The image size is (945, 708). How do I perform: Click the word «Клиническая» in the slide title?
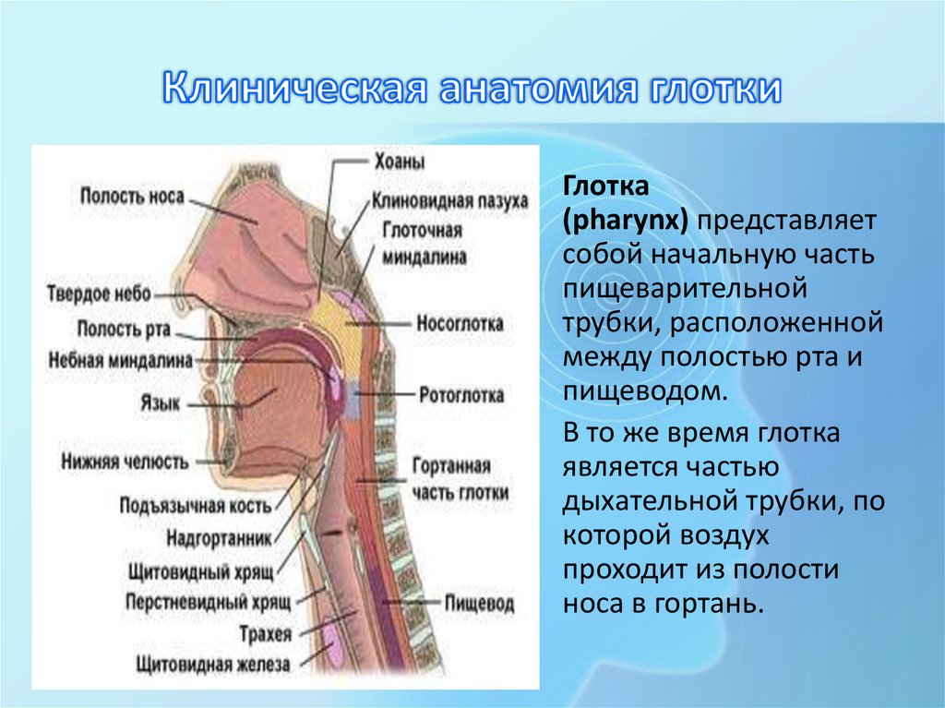pos(293,91)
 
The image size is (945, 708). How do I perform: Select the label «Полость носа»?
pos(132,196)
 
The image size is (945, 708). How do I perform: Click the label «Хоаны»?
pos(399,162)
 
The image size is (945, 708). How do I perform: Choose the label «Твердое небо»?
pos(99,294)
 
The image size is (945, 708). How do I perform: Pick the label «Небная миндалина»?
pos(121,359)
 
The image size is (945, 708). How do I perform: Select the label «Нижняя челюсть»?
pos(125,460)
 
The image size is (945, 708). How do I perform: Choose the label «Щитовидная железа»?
pos(212,663)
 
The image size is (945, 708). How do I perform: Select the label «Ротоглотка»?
pos(461,395)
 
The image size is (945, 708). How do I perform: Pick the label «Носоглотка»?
pos(460,324)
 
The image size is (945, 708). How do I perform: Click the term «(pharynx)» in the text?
pos(628,222)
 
